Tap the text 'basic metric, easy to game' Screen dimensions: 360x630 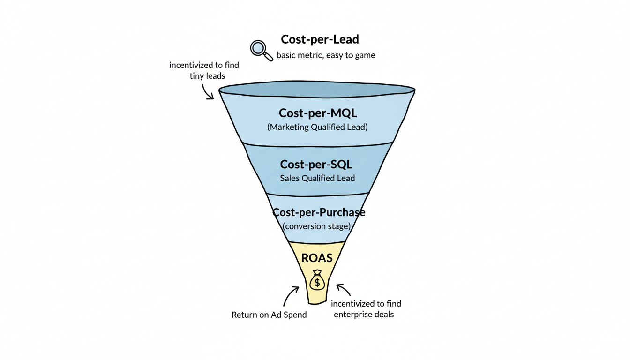point(326,55)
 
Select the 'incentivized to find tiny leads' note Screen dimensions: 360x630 point(204,70)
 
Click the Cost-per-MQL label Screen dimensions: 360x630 point(317,113)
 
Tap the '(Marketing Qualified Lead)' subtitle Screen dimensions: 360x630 point(317,127)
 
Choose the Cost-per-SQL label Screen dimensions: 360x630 point(316,165)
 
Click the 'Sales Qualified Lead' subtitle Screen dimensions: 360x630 point(317,178)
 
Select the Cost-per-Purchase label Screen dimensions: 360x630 point(319,212)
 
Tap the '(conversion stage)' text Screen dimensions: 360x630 point(316,226)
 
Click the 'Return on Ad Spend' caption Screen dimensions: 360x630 point(269,315)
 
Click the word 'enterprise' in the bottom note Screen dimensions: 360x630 point(353,315)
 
